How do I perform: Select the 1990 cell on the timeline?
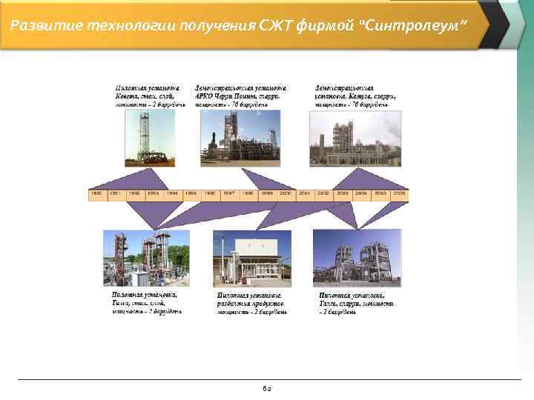point(96,193)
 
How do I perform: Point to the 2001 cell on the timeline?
point(305,193)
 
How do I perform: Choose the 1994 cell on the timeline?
point(172,193)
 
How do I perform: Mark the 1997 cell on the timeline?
point(229,193)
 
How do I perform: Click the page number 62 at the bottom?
point(267,387)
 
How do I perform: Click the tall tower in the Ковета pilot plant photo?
point(143,133)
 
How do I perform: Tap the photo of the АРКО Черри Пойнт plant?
point(240,138)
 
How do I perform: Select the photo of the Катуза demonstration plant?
point(355,139)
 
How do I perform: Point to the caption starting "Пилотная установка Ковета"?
point(148,96)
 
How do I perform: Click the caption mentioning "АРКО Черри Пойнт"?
point(239,96)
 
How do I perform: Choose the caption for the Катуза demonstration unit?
point(355,96)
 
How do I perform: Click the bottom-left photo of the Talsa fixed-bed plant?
point(146,258)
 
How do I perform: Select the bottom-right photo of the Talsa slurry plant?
point(357,258)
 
